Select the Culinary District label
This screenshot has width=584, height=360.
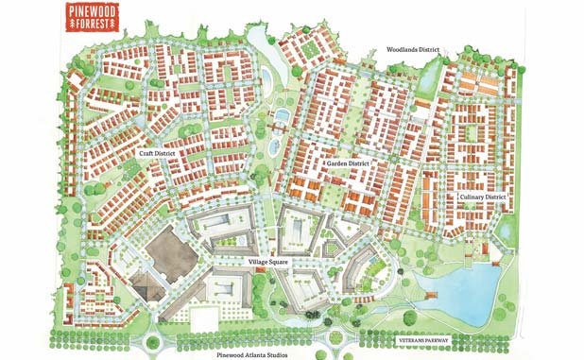483,197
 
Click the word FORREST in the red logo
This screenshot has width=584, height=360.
96,26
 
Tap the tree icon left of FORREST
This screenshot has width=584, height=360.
73,26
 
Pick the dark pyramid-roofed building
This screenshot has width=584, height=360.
143,284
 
